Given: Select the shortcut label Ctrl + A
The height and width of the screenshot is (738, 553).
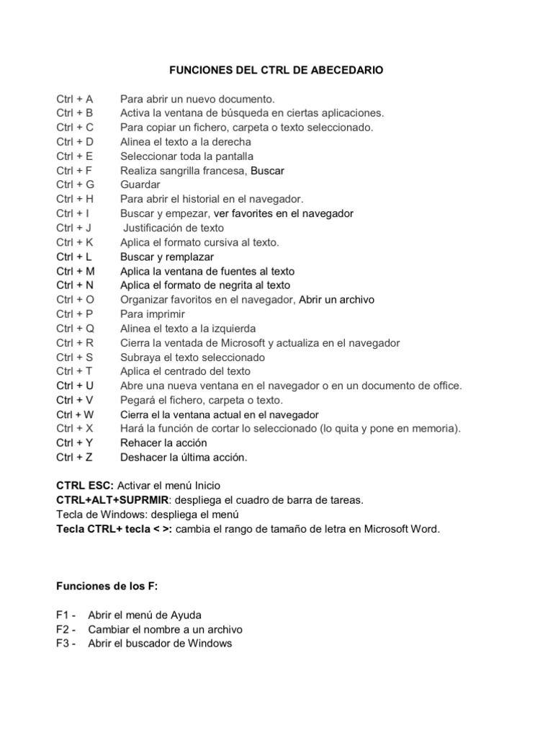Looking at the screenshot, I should click(75, 99).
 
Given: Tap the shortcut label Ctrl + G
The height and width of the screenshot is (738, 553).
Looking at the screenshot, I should click(76, 184).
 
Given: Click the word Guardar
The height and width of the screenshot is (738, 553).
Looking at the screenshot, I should click(140, 184).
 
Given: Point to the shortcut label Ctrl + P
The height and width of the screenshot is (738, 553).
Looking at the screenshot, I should click(75, 314).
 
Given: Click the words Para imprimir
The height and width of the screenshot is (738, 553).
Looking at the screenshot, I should click(153, 314).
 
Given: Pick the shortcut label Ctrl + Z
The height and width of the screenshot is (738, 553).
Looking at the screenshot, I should click(75, 457).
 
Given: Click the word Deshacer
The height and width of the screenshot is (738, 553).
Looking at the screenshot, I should click(143, 457).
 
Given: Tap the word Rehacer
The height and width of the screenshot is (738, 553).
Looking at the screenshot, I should click(141, 443).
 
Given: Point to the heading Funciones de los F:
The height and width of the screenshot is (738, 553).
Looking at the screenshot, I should click(107, 586).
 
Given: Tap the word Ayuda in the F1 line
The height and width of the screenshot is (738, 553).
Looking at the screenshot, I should click(186, 615).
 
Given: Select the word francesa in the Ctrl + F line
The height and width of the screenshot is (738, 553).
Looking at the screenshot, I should click(223, 170).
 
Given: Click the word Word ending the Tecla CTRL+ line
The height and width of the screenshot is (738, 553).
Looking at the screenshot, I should click(423, 529).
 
